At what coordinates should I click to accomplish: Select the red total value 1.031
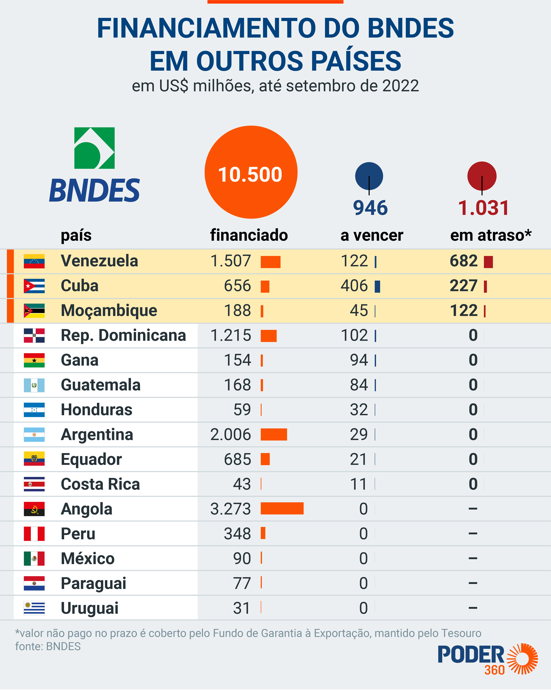point(483,208)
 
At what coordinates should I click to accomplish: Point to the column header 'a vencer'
point(372,235)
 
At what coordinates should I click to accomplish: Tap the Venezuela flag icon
point(34,261)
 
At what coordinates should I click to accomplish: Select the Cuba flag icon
point(34,286)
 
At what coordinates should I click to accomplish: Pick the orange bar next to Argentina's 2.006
point(274,434)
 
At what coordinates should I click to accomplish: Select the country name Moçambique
point(109,311)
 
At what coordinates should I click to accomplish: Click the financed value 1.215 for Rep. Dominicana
point(231,335)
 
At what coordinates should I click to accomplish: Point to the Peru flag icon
point(34,534)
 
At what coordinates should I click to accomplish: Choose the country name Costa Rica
point(100,484)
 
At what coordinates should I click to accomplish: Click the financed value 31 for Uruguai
point(242,608)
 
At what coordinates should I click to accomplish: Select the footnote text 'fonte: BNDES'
point(48,646)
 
